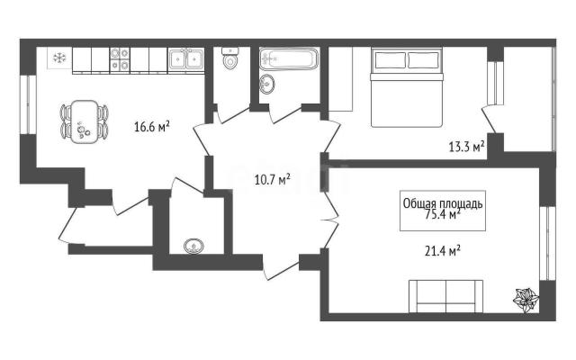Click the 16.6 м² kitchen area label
(152, 127)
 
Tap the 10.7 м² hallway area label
(273, 180)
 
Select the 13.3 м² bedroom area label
(466, 147)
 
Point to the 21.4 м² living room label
(443, 252)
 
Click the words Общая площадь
(443, 203)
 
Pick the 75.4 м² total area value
(443, 214)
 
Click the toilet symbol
(230, 58)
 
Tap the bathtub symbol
(289, 58)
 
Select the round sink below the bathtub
(266, 84)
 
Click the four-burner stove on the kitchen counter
(120, 59)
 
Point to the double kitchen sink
(186, 59)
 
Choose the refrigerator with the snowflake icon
(59, 58)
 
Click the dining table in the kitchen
(85, 121)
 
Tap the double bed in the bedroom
(407, 87)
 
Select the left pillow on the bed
(391, 60)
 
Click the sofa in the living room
(446, 296)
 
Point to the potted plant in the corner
(526, 300)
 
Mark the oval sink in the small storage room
(193, 246)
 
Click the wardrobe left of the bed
(340, 78)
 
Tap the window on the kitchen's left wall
(31, 104)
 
